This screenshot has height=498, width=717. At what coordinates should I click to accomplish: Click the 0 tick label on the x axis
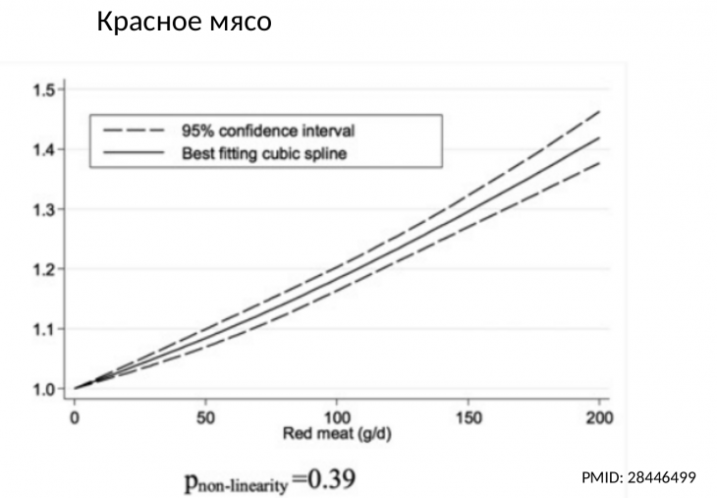coord(75,416)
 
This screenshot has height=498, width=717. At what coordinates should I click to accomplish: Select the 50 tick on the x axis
coord(205,416)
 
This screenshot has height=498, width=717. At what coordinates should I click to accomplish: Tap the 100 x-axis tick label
coord(337,416)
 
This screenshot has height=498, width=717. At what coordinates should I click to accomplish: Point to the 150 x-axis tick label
coord(468,416)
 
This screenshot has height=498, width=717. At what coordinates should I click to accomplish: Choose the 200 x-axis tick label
coord(598,416)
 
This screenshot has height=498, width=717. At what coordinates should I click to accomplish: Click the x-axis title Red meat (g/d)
coord(337,433)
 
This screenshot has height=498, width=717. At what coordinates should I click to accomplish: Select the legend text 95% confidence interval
coord(267,130)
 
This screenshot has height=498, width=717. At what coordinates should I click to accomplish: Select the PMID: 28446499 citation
coord(638,477)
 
